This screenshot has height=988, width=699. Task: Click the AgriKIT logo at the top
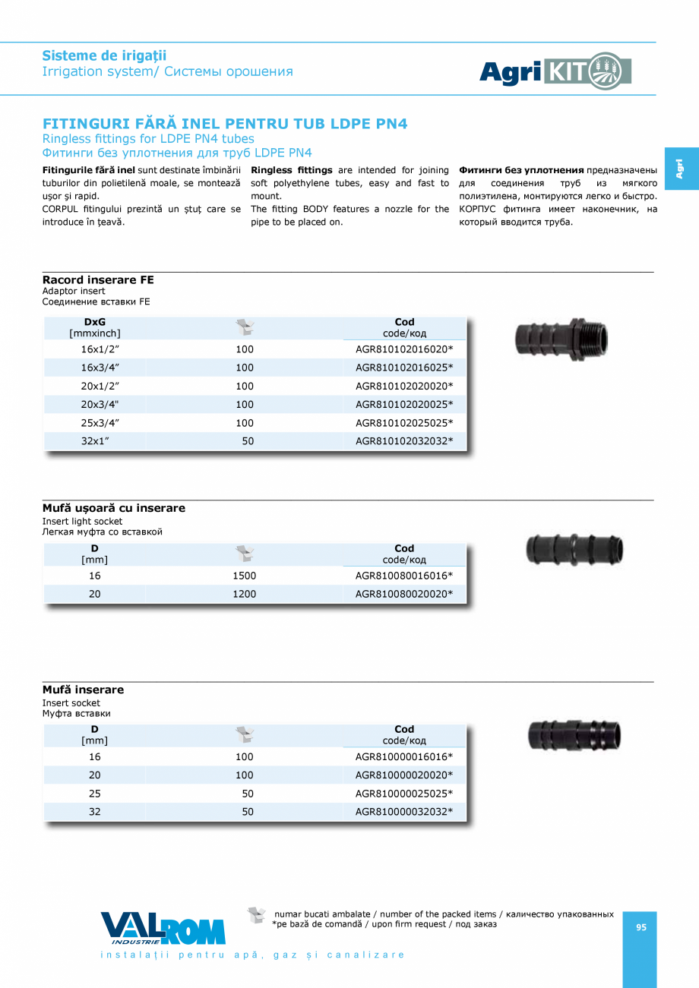555,71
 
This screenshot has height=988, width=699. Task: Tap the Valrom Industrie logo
163,928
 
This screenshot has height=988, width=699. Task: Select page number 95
641,926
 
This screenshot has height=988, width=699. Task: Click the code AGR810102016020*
404,349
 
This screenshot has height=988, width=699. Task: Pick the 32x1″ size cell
95,440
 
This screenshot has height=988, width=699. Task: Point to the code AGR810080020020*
404,594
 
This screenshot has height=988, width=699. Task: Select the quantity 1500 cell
244,576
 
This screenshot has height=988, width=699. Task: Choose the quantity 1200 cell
244,594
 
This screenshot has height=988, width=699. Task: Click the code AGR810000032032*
404,812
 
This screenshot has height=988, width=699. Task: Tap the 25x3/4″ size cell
95,422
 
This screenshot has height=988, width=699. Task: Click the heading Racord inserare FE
98,280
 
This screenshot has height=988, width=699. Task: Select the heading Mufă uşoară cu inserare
114,508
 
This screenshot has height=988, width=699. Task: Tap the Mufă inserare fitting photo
574,735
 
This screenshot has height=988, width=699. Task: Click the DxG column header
95,322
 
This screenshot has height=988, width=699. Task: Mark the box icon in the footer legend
257,915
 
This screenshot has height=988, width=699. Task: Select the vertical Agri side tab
679,168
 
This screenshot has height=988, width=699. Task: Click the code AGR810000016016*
404,757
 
